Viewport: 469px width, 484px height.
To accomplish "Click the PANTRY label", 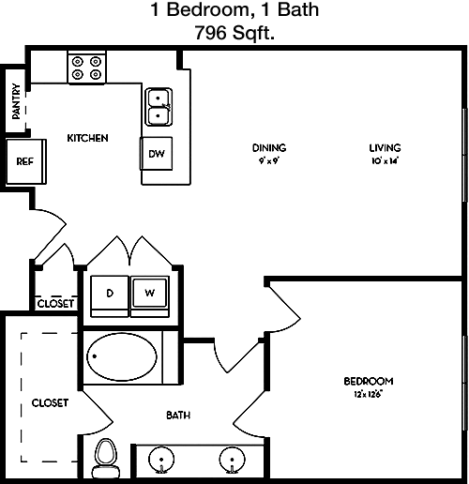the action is (16, 101).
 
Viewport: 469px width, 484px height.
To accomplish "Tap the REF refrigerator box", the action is (26, 161).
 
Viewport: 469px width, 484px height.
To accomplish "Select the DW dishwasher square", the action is (156, 154).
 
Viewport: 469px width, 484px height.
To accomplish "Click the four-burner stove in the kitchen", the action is (87, 68).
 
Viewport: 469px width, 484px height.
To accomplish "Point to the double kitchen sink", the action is (159, 107).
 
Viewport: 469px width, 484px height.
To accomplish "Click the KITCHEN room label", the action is (87, 138).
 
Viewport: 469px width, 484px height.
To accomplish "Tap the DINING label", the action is (269, 147).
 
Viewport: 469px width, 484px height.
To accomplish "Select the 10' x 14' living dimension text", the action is (386, 161).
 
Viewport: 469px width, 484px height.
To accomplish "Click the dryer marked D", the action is (110, 296).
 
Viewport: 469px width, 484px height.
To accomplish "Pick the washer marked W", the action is (150, 296).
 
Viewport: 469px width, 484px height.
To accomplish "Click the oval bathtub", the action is (122, 356).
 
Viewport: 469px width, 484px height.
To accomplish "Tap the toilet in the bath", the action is (106, 458).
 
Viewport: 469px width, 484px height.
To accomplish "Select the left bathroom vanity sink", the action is (161, 461).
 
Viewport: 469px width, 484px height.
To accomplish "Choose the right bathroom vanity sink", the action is (232, 461).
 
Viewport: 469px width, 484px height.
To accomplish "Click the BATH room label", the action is (178, 416).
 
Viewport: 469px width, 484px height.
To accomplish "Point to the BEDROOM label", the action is (369, 381).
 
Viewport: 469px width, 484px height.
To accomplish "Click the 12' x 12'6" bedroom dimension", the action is (369, 394).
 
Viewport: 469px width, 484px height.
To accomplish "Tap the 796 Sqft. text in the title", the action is (234, 33).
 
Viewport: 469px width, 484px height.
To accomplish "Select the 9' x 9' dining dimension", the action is (269, 161).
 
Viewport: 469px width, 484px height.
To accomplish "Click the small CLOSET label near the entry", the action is (55, 304).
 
